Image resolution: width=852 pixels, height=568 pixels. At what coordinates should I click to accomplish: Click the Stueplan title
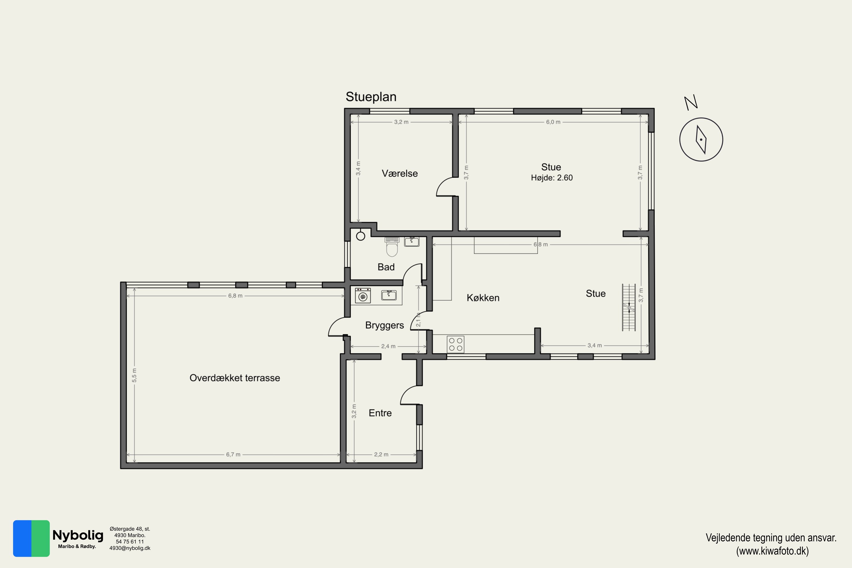point(371,97)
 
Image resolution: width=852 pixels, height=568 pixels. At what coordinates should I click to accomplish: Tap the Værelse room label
point(400,174)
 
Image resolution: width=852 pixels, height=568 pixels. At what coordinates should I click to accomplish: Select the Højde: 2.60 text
point(552,178)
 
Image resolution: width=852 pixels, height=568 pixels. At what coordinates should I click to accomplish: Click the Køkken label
point(483,298)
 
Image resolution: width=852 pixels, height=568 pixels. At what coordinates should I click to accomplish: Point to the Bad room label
point(386,267)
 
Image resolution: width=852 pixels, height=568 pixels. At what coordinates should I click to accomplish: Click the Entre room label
point(380,413)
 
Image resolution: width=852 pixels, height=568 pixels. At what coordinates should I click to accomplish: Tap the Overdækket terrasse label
point(235,378)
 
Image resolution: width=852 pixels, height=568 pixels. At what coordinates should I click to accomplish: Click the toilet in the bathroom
point(392,247)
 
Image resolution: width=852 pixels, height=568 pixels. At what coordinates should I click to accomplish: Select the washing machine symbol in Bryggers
point(363,295)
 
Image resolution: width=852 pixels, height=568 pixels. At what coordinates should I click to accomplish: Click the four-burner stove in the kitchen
point(455,344)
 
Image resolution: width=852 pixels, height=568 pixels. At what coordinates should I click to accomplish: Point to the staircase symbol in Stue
point(629,308)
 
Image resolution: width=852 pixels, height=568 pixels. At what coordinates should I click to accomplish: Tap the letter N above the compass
point(691,103)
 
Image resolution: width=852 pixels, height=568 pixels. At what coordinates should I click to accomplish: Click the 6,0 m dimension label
point(553,122)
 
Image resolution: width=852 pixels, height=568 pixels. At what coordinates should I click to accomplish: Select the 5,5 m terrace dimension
point(134,375)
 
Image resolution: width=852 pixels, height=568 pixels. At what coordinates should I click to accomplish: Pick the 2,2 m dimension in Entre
point(381,455)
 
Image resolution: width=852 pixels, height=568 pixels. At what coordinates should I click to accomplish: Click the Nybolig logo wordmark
point(78,535)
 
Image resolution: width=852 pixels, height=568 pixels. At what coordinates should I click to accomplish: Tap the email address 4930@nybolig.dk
point(130,548)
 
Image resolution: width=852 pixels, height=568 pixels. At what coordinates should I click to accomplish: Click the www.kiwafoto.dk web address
point(772,551)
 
